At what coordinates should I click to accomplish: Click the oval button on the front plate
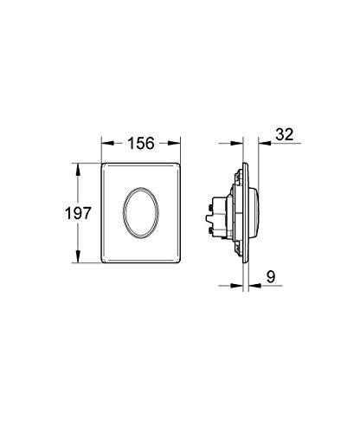pos(143,209)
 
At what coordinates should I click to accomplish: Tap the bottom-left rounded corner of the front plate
pos(106,257)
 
